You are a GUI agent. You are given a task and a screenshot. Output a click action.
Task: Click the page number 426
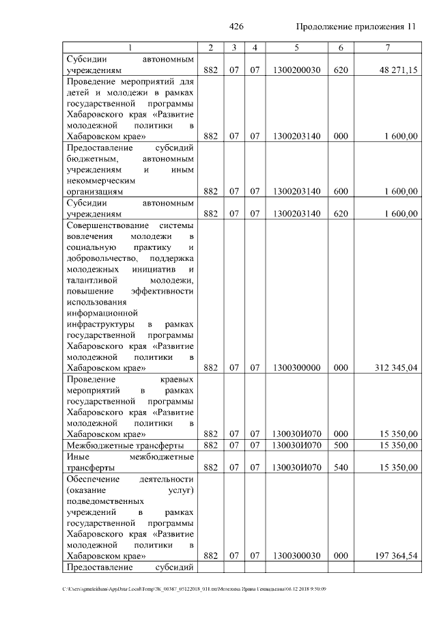tap(236, 27)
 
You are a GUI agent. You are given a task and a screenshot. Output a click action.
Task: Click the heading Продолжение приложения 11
tap(356, 27)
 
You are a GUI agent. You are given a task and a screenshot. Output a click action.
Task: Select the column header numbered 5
tap(296, 47)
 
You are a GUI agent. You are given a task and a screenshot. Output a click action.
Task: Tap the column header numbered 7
tap(387, 47)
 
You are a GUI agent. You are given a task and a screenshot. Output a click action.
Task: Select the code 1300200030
tap(296, 70)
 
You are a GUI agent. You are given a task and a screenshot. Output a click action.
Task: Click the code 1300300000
tap(296, 367)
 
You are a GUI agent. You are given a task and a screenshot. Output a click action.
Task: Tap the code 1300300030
tap(296, 557)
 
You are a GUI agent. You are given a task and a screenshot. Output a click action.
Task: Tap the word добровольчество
tap(100, 258)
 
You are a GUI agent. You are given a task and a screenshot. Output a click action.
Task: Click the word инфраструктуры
tap(99, 324)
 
